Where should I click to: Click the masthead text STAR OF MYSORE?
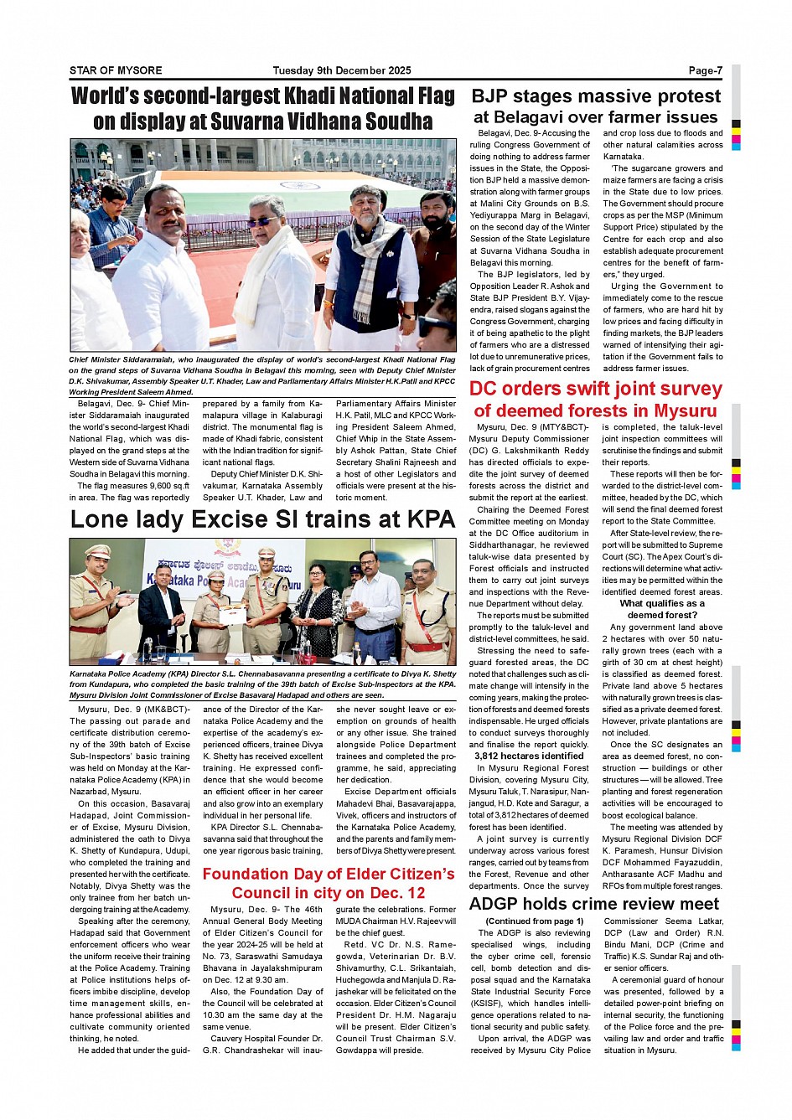116,70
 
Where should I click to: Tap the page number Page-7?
705,70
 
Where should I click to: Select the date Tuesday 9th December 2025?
342,70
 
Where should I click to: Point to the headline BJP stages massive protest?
596,96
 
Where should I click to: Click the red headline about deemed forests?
595,400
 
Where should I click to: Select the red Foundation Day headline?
329,883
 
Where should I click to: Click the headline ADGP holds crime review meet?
593,903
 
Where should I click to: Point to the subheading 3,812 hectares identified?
529,756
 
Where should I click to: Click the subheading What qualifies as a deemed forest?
662,609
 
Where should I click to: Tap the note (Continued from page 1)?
534,921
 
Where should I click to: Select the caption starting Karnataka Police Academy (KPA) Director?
262,684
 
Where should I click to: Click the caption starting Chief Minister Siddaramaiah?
262,375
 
